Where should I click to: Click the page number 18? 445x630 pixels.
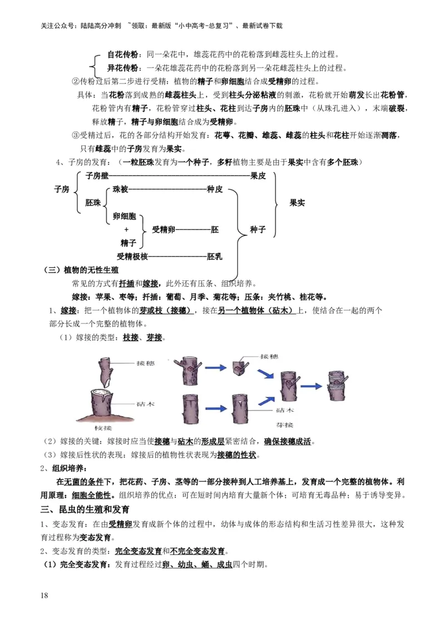pyautogui.click(x=44, y=595)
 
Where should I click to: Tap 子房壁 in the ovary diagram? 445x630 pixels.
pyautogui.click(x=97, y=176)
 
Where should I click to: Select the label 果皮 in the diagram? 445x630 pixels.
pyautogui.click(x=259, y=176)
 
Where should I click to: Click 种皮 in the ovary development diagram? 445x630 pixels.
pyautogui.click(x=215, y=190)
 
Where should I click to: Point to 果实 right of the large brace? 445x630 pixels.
pyautogui.click(x=297, y=203)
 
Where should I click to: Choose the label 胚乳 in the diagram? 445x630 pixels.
pyautogui.click(x=215, y=257)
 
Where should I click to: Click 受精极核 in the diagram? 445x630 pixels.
pyautogui.click(x=132, y=257)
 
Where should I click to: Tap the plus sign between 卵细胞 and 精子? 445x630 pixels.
pyautogui.click(x=126, y=229)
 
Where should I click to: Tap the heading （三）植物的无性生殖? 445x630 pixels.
pyautogui.click(x=81, y=270)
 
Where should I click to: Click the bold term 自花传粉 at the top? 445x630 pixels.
pyautogui.click(x=122, y=55)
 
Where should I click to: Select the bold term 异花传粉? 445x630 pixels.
pyautogui.click(x=122, y=68)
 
